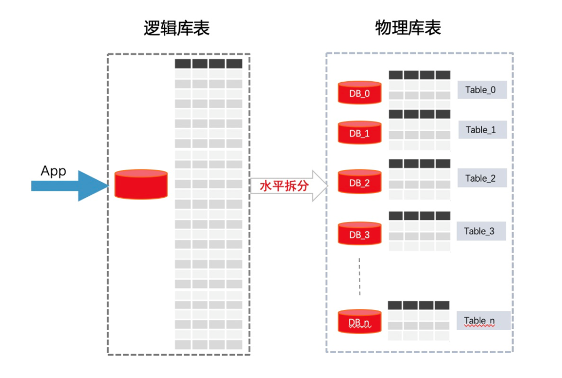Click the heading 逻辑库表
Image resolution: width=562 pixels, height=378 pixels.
coord(176,28)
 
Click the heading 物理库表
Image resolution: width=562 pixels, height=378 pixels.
coord(408,28)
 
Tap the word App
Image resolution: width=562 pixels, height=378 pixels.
coord(54,171)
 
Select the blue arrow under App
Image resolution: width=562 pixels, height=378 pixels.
coord(68,185)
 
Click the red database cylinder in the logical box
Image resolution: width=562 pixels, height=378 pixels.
coord(141,184)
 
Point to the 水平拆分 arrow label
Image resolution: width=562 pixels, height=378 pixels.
coord(284,186)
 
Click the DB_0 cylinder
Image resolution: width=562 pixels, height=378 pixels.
coord(360,92)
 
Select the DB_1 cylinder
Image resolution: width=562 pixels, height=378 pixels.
coord(360,132)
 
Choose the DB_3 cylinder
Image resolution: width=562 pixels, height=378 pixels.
coord(360,234)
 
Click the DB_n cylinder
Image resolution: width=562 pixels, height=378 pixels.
coord(360,321)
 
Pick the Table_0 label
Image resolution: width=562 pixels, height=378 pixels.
coord(481,90)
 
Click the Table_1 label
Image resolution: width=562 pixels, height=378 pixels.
coord(481,130)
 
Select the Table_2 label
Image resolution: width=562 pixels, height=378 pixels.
coord(481,178)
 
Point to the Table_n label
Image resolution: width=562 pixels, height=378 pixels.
coord(483,321)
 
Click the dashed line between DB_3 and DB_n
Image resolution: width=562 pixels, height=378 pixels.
coord(359,276)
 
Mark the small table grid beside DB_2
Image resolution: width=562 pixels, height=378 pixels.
coord(419,179)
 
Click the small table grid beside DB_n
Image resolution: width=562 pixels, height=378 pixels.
coord(419,320)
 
